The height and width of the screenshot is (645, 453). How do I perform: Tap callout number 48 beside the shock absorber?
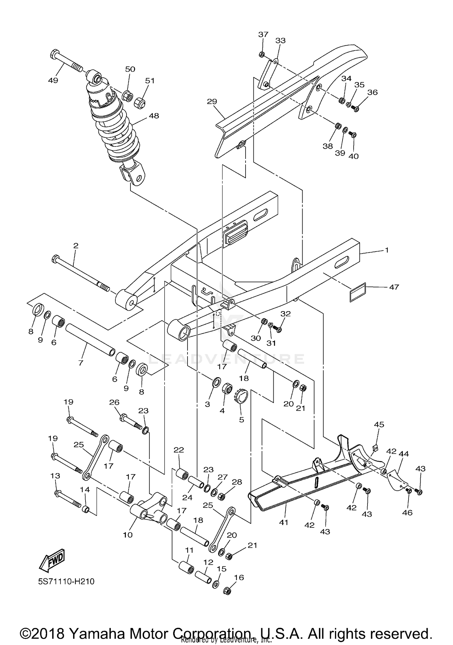coord(154,116)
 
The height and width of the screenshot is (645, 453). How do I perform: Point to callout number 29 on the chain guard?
coord(212,101)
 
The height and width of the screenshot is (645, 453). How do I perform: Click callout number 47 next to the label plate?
coord(394,287)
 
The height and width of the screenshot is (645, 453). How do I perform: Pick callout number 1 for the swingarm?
coord(387,250)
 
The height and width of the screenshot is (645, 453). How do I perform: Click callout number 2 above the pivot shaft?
coord(75,245)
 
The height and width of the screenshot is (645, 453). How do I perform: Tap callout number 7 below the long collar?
coord(80,363)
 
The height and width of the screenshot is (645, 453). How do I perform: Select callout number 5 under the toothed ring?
coord(241,419)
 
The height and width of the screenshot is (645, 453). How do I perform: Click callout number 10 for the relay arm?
coord(128,535)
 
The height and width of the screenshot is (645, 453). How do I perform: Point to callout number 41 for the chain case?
coord(284,522)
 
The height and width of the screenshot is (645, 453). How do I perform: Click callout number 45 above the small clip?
coord(379,424)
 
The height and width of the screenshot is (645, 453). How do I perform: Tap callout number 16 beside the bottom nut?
coord(239,577)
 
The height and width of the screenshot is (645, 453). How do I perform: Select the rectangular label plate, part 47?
coord(358,292)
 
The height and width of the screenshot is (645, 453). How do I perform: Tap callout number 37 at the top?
coord(263,34)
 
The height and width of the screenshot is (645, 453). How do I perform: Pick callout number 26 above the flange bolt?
coord(114,402)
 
